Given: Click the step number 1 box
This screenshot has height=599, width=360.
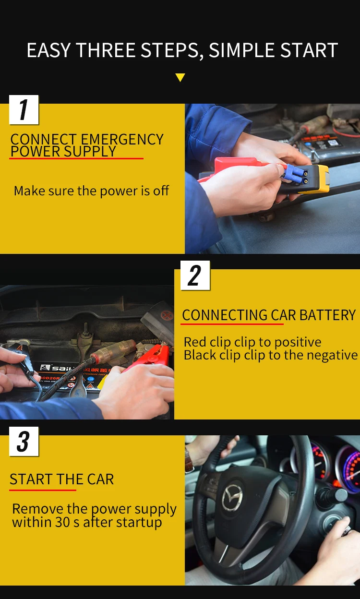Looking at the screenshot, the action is [x=24, y=109].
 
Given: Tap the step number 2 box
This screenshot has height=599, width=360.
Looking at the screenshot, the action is [x=195, y=275].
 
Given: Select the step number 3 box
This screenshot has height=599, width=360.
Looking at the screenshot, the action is [x=24, y=442].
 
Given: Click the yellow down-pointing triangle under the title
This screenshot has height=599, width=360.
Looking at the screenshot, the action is [x=180, y=77].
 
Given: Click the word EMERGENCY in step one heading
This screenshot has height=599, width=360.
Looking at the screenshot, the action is [x=122, y=139].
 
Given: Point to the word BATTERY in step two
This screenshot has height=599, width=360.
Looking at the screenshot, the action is [x=328, y=315].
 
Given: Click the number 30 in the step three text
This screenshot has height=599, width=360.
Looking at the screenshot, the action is [x=63, y=522].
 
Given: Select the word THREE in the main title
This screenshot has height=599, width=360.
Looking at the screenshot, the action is [x=106, y=50].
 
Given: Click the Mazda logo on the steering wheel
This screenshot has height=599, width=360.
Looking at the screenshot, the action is [x=232, y=497].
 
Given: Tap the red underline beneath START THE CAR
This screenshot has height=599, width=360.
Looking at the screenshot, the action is [x=43, y=490].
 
